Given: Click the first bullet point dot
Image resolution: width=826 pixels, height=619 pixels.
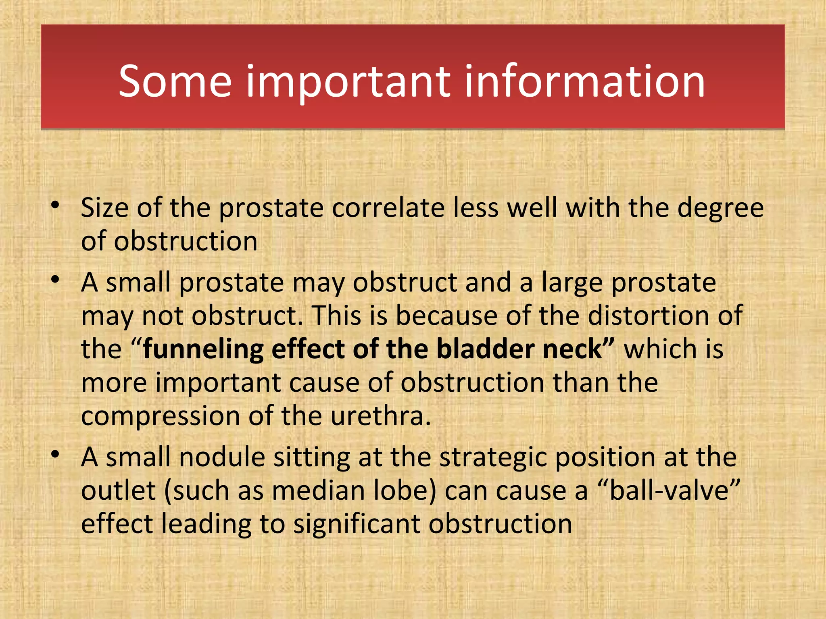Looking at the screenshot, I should coord(55,206).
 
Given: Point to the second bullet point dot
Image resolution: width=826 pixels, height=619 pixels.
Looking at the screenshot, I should coord(55,279).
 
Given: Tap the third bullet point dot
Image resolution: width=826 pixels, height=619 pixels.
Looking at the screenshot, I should coord(55,455).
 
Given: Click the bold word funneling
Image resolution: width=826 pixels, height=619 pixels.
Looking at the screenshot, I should coord(203,350).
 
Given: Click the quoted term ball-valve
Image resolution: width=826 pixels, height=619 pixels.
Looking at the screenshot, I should coord(670,491).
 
